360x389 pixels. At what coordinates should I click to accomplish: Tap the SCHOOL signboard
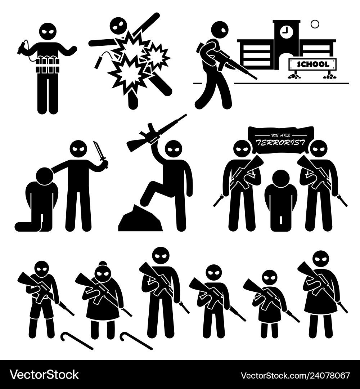[313, 64]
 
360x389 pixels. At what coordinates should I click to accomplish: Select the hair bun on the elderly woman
[103, 264]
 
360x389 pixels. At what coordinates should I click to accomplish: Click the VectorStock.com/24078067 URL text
[295, 375]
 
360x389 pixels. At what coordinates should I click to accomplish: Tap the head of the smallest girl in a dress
[270, 278]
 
